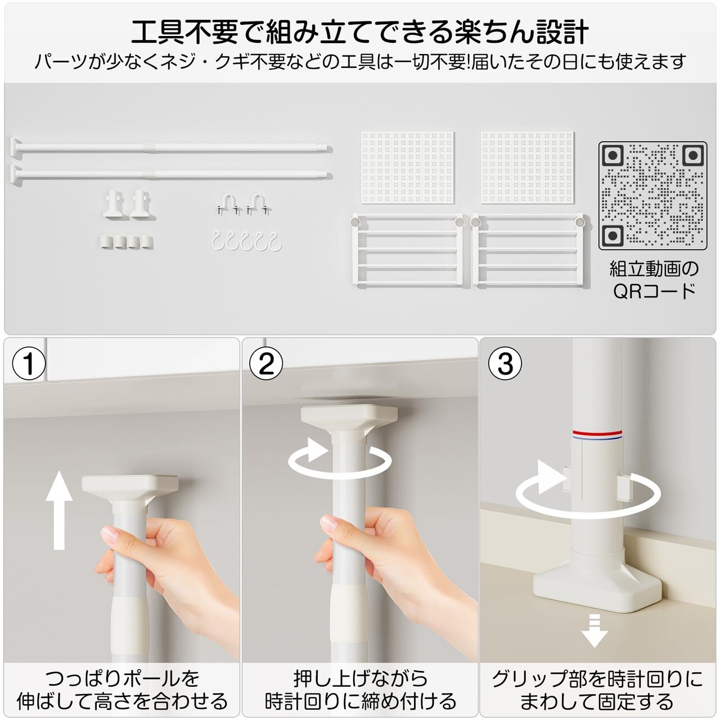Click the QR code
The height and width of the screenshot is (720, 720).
pyautogui.click(x=652, y=196)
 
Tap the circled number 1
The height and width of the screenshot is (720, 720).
pyautogui.click(x=29, y=363)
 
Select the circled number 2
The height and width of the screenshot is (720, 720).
pyautogui.click(x=266, y=363)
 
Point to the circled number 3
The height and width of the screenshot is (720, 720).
pyautogui.click(x=506, y=363)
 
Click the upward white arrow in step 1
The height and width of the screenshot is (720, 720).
pyautogui.click(x=59, y=510)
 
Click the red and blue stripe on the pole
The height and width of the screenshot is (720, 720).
pyautogui.click(x=597, y=434)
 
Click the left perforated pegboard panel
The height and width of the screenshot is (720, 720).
pyautogui.click(x=407, y=167)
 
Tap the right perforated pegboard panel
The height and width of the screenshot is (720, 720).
pyautogui.click(x=527, y=167)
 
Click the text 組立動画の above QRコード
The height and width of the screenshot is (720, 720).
pyautogui.click(x=654, y=268)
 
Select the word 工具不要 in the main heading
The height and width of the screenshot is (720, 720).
pyautogui.click(x=185, y=32)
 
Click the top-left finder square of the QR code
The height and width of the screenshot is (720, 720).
pyautogui.click(x=612, y=155)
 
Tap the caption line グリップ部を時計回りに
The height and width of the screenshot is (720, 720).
pyautogui.click(x=597, y=679)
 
